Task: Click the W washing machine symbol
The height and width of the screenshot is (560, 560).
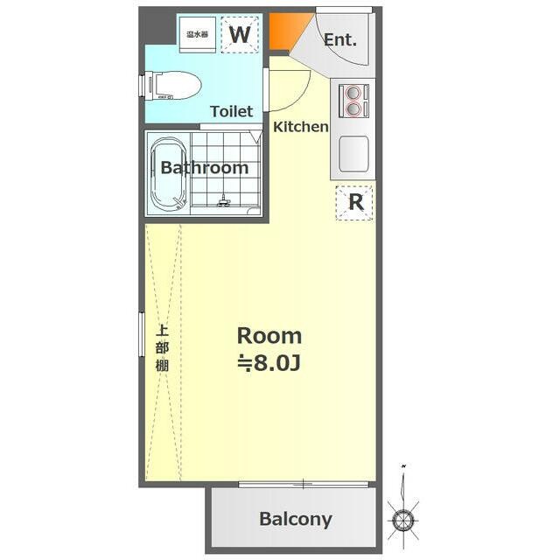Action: pyautogui.click(x=240, y=35)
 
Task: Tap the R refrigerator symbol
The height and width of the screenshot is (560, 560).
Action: pyautogui.click(x=354, y=202)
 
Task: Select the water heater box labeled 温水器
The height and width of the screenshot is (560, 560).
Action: pyautogui.click(x=198, y=35)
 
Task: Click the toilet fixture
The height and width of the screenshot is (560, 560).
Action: pyautogui.click(x=171, y=86)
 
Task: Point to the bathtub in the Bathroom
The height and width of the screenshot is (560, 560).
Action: pyautogui.click(x=169, y=174)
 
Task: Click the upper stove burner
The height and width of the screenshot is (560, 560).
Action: pyautogui.click(x=353, y=93)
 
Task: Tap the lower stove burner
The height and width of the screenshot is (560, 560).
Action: pyautogui.click(x=353, y=108)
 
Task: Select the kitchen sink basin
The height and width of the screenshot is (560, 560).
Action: pyautogui.click(x=353, y=154)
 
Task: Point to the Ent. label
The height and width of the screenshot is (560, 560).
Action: pyautogui.click(x=340, y=39)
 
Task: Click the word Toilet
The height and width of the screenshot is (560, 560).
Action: pyautogui.click(x=231, y=111)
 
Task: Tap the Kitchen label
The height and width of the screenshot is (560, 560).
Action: pyautogui.click(x=301, y=126)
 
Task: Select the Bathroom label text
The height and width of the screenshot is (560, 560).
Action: pyautogui.click(x=205, y=167)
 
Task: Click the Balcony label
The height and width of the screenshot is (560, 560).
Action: pyautogui.click(x=296, y=519)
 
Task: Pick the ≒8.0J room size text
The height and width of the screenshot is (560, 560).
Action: pyautogui.click(x=269, y=363)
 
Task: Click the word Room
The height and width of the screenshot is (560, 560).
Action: pyautogui.click(x=269, y=336)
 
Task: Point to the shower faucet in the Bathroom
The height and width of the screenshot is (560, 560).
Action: pyautogui.click(x=224, y=201)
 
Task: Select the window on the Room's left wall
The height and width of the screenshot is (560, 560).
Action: pyautogui.click(x=142, y=334)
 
